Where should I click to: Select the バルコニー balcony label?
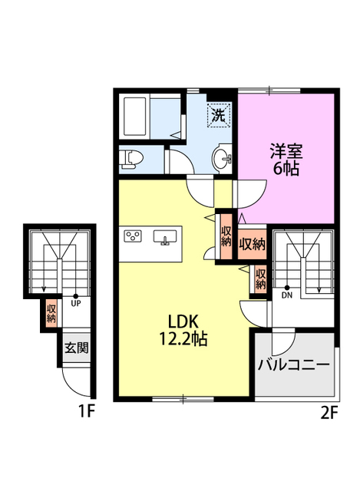point(294,364)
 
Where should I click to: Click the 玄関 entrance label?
point(76,347)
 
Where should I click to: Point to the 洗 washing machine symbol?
point(218,117)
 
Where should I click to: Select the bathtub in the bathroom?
point(136,117)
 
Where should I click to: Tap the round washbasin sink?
point(223,160)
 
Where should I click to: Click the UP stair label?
point(75,302)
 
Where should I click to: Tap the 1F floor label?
point(85,413)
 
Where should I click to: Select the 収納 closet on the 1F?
point(51,312)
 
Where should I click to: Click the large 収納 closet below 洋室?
point(251,245)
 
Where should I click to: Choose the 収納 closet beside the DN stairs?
point(261,278)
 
